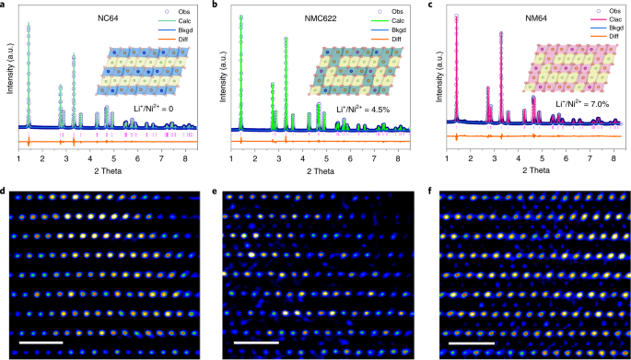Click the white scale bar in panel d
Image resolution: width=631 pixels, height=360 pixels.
tap(40, 343)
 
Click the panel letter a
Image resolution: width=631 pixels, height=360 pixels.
tap(5, 6)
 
